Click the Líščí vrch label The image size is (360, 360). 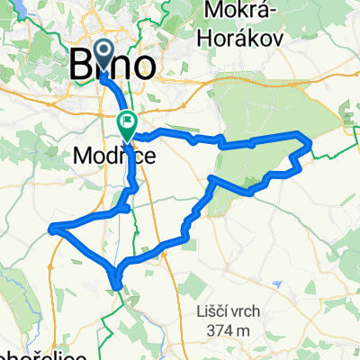[228, 311]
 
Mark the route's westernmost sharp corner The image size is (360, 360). [51, 227]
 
